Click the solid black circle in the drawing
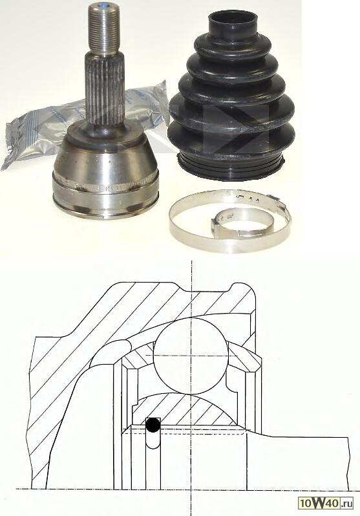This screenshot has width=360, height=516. point(153,425)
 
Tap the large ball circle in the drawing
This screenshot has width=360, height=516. point(191,356)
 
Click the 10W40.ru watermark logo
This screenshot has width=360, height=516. point(326,502)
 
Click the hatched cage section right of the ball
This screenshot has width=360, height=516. point(245,357)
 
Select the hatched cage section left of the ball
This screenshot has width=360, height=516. point(138,357)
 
